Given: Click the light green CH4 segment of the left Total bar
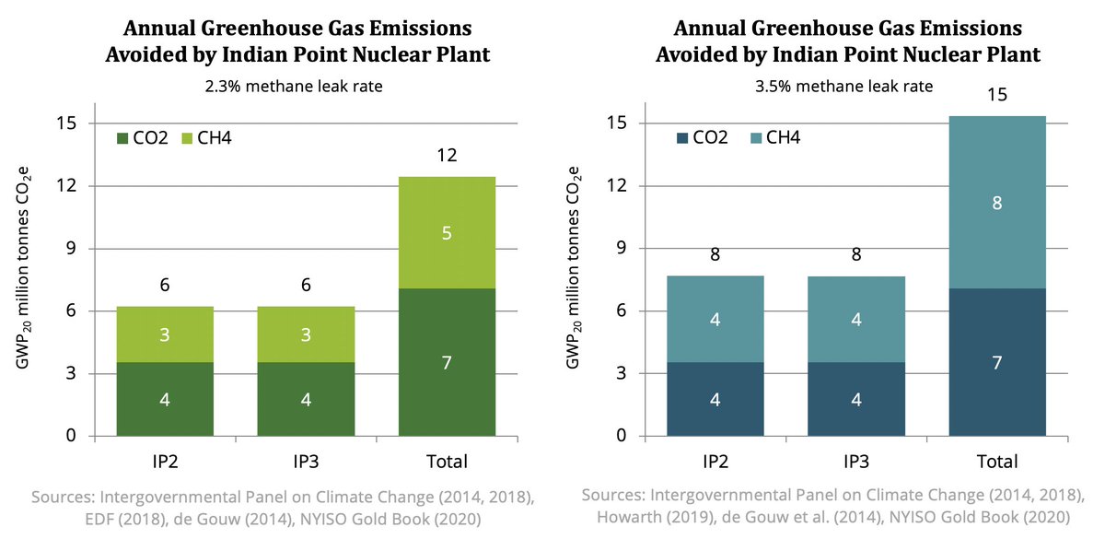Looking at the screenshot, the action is pyautogui.click(x=447, y=232).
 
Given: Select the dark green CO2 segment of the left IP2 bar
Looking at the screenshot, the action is pyautogui.click(x=165, y=399).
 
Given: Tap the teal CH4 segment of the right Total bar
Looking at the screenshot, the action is pyautogui.click(x=997, y=203).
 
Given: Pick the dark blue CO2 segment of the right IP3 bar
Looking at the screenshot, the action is pyautogui.click(x=855, y=399).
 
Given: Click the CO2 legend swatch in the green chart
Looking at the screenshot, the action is pyautogui.click(x=122, y=138).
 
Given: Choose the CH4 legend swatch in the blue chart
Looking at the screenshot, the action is pyautogui.click(x=756, y=137).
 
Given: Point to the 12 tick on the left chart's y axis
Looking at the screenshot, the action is pyautogui.click(x=66, y=185).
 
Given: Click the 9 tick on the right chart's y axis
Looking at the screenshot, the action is pyautogui.click(x=621, y=248).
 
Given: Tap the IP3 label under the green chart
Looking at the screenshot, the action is pyautogui.click(x=306, y=462).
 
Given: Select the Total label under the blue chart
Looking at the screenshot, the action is pyautogui.click(x=997, y=462).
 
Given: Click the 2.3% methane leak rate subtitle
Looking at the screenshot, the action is pyautogui.click(x=294, y=87).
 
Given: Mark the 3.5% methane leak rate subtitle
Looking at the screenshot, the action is pyautogui.click(x=844, y=87).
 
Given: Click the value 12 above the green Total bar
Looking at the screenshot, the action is pyautogui.click(x=447, y=156).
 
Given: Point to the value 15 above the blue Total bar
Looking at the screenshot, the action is pyautogui.click(x=997, y=94).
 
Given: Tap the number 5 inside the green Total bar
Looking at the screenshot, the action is pyautogui.click(x=447, y=233).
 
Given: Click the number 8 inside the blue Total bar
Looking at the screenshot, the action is pyautogui.click(x=997, y=203).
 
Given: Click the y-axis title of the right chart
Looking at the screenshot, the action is pyautogui.click(x=573, y=267).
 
